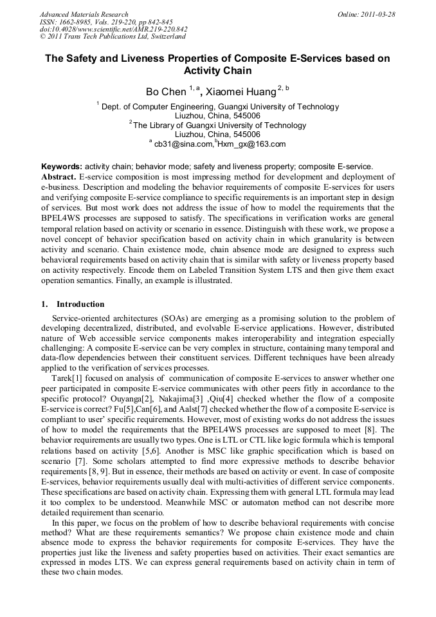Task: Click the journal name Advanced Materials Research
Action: click(x=84, y=14)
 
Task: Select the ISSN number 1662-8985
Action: click(x=80, y=22)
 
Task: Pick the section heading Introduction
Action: click(x=80, y=304)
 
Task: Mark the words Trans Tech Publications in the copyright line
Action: click(x=98, y=37)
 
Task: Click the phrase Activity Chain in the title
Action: click(x=217, y=71)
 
